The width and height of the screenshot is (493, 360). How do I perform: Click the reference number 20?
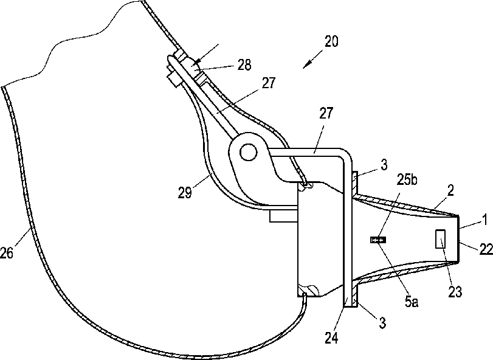point(332,42)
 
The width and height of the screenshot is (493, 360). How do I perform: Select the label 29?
point(185,192)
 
